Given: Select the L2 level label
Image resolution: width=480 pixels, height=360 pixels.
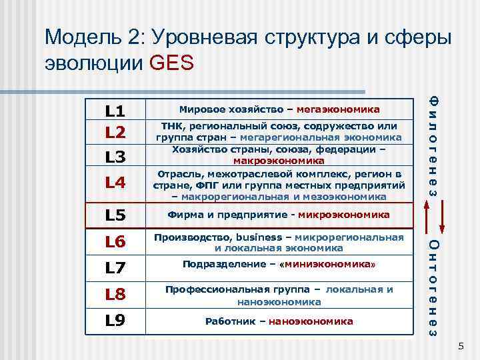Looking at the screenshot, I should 115,131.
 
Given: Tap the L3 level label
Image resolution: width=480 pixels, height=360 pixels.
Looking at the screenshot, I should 115,157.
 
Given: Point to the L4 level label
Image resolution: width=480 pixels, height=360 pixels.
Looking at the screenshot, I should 115,181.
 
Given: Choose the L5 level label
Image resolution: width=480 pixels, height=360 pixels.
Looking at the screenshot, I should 115,216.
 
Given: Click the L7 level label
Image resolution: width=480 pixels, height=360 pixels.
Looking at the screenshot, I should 115,267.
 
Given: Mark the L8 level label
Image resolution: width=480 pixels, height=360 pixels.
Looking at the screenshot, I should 115,294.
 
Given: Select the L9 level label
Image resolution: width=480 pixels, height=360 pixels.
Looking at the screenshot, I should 115,321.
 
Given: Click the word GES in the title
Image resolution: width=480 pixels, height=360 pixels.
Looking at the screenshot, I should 172,63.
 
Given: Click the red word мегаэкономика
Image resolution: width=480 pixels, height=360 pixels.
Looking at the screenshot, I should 338,109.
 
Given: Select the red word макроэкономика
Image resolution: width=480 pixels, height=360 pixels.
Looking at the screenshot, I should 279,161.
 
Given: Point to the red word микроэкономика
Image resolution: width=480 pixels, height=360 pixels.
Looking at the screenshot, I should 344,215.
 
